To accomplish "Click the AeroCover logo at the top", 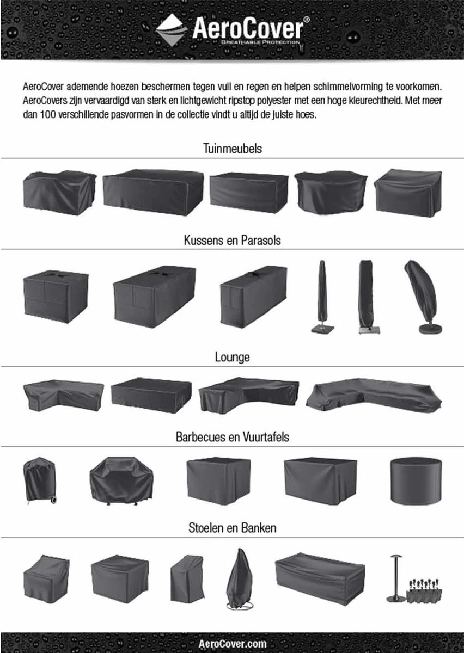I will [x=232, y=29].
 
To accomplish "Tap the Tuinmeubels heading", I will [x=232, y=149].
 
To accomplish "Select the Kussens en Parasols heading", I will [x=232, y=240].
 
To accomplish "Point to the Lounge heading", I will [x=232, y=357].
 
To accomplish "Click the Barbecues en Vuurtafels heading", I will [x=232, y=436].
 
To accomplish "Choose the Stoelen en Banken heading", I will [x=232, y=527].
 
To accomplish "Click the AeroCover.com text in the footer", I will [x=232, y=644].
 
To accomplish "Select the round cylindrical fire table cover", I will [x=416, y=480].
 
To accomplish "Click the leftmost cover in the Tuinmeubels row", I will [x=59, y=192].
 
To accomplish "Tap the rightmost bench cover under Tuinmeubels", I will [x=407, y=192].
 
